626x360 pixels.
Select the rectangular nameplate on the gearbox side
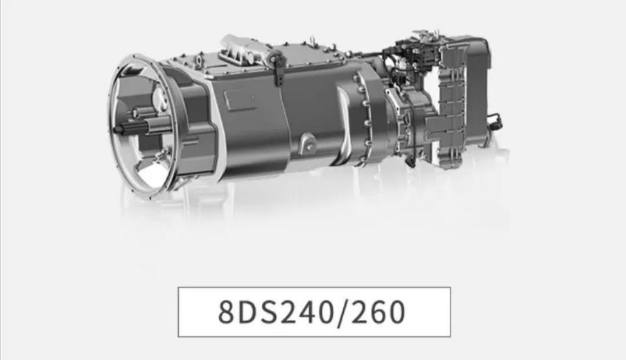240,99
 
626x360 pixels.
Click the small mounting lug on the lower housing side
307,143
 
